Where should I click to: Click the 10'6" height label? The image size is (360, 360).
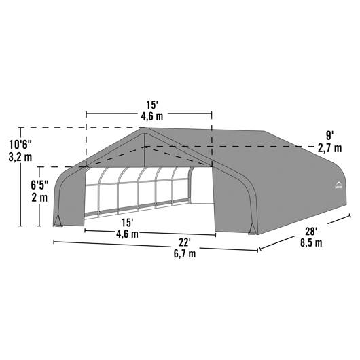click(x=20, y=145)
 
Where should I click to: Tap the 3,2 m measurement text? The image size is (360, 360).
click(x=20, y=158)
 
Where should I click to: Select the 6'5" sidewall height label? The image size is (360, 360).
click(x=39, y=185)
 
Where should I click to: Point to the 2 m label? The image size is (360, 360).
click(x=39, y=198)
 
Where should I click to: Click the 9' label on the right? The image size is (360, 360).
click(x=329, y=136)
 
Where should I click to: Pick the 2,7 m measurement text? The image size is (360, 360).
click(x=329, y=148)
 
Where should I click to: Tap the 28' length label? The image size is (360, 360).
click(x=311, y=232)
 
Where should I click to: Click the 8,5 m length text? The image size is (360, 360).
click(x=311, y=242)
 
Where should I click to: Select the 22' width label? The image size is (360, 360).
click(x=185, y=242)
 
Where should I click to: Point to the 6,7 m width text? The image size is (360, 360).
click(x=185, y=254)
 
